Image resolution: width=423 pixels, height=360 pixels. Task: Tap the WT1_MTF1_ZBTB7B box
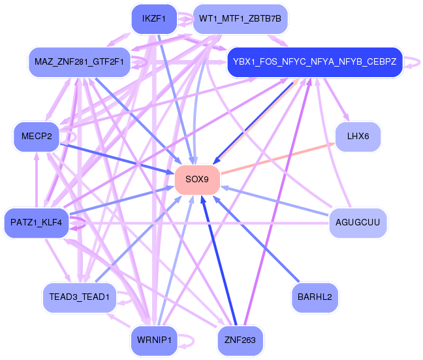(x=240, y=19)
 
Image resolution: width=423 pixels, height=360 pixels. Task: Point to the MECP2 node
(x=37, y=137)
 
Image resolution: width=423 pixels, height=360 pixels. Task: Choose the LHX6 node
(x=358, y=137)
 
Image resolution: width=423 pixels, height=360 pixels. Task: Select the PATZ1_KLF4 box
(x=37, y=223)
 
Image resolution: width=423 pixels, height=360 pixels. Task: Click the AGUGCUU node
(x=358, y=223)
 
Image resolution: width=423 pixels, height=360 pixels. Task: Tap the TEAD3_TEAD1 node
(x=79, y=297)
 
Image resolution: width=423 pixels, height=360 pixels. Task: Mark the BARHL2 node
(x=315, y=297)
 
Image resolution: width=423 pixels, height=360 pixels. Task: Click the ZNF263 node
(x=240, y=340)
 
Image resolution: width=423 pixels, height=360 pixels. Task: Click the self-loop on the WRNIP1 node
(x=188, y=340)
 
